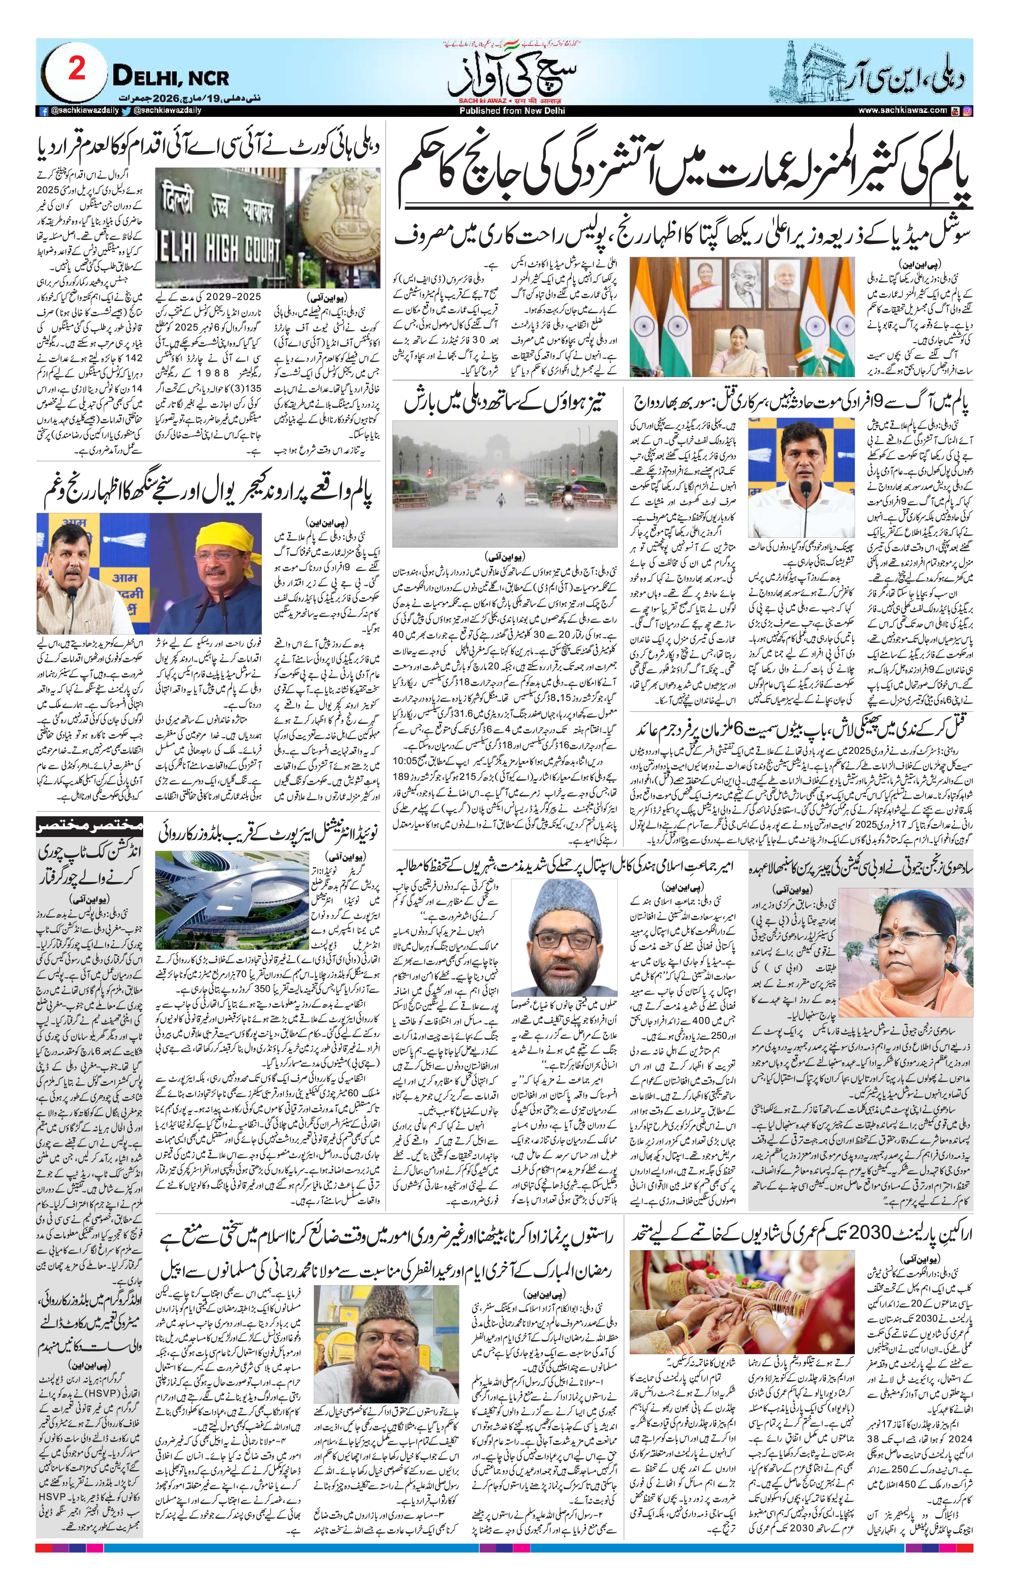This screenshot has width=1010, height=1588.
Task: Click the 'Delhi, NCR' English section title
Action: pyautogui.click(x=171, y=77)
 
